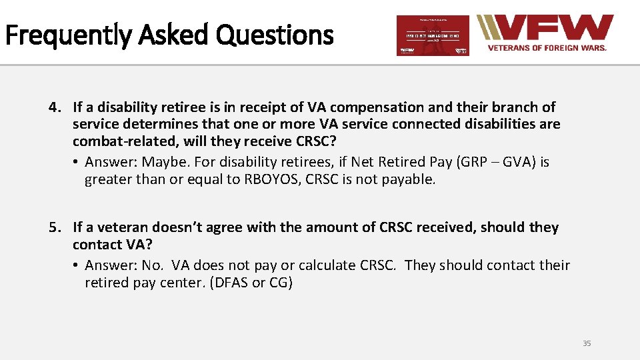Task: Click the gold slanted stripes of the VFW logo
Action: [x=491, y=28]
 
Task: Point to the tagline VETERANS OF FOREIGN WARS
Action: [x=547, y=48]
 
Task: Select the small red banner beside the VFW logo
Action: [x=433, y=35]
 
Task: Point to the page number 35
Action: [x=587, y=343]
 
